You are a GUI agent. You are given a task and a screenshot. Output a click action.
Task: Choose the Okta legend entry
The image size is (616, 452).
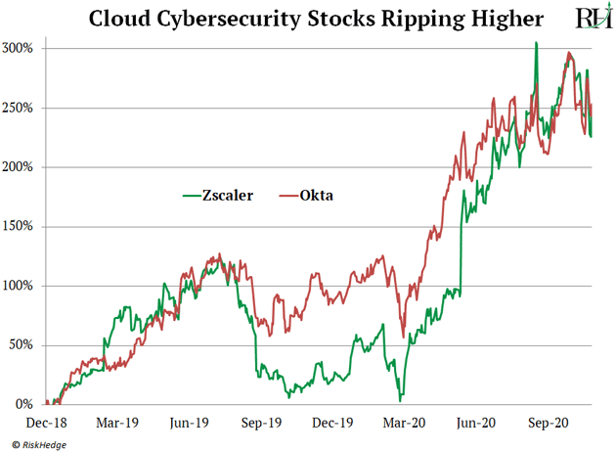click(317, 195)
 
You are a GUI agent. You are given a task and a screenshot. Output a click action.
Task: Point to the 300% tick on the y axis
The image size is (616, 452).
click(20, 48)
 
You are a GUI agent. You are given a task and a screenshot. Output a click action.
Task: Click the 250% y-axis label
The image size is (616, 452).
click(20, 108)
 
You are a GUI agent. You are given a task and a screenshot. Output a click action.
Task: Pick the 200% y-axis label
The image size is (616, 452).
click(20, 167)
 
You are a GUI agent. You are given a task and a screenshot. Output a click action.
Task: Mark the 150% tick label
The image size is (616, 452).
click(20, 226)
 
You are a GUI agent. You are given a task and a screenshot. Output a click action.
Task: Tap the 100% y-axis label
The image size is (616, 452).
click(20, 286)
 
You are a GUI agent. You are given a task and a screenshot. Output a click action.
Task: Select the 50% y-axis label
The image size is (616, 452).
click(22, 345)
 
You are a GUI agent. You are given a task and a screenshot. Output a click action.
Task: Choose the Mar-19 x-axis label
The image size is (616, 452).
click(116, 423)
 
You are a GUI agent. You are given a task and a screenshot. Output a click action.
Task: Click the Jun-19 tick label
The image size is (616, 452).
click(188, 423)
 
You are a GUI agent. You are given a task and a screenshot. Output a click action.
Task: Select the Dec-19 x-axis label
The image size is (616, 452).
click(331, 423)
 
